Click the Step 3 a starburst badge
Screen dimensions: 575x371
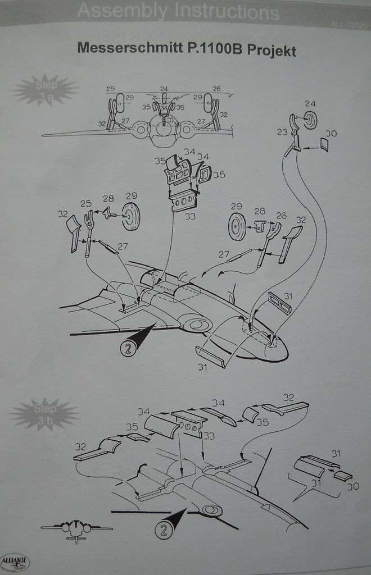pyautogui.click(x=46, y=90)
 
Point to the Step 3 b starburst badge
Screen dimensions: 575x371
pyautogui.click(x=46, y=413)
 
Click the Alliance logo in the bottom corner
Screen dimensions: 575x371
pyautogui.click(x=15, y=562)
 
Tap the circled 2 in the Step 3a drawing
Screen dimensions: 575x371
pyautogui.click(x=128, y=349)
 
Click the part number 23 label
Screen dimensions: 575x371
pyautogui.click(x=282, y=133)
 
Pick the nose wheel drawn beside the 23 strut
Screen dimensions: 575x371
pyautogui.click(x=310, y=120)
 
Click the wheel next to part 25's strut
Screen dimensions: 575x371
pyautogui.click(x=131, y=217)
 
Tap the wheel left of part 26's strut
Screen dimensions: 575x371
pyautogui.click(x=237, y=226)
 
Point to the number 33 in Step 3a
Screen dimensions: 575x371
pyautogui.click(x=190, y=216)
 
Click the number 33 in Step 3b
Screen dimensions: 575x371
pyautogui.click(x=209, y=435)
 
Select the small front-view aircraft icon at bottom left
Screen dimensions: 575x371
pyautogui.click(x=76, y=530)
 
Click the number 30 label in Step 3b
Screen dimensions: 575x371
pyautogui.click(x=352, y=486)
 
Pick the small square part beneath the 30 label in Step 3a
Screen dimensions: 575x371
pyautogui.click(x=325, y=144)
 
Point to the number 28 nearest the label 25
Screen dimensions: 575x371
pyautogui.click(x=108, y=199)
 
